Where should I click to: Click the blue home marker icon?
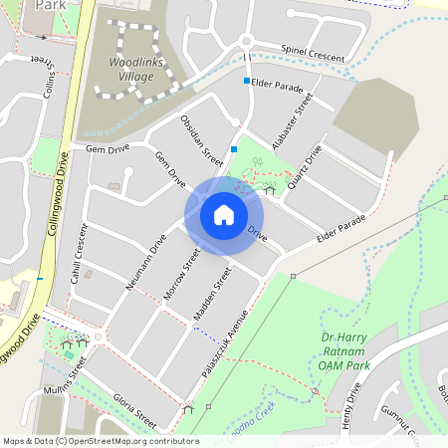(x=224, y=214)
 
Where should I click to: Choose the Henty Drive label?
(x=349, y=406)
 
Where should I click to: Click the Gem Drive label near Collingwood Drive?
(x=109, y=149)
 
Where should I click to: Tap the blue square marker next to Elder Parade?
(x=247, y=81)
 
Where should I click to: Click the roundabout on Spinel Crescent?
(x=246, y=42)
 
